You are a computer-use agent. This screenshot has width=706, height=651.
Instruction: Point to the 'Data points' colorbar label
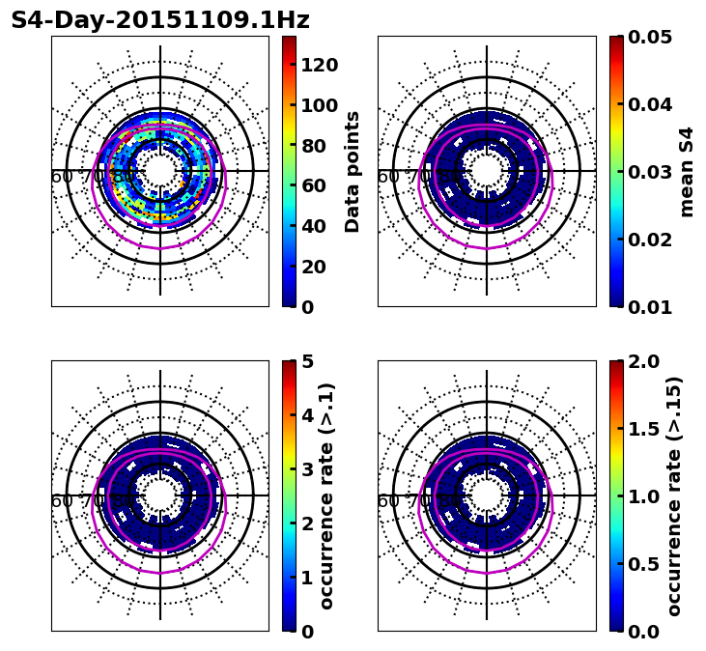click(x=353, y=171)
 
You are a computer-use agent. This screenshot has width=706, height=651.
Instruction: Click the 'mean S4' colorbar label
click(x=687, y=171)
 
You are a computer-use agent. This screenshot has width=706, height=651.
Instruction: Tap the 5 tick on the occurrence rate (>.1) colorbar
click(x=307, y=361)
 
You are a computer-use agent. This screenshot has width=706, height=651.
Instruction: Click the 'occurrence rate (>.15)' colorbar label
click(x=674, y=495)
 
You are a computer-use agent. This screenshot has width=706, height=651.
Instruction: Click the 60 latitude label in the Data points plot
click(x=62, y=177)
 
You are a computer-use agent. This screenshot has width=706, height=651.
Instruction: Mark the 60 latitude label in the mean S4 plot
click(x=388, y=177)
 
